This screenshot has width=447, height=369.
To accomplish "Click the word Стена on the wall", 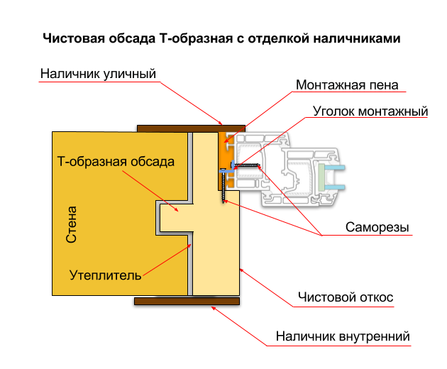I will tap(72, 224).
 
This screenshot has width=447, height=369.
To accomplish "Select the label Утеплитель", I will tap(105, 275).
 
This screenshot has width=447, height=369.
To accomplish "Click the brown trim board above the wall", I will tap(190, 128).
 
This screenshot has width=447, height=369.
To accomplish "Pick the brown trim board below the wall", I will tap(187, 301).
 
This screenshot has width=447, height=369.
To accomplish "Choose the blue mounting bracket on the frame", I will tap(226, 170).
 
